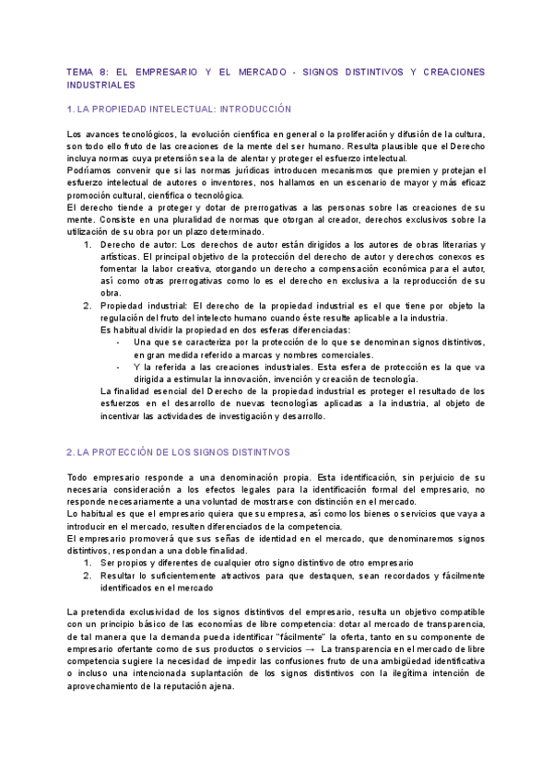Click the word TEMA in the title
(81, 71)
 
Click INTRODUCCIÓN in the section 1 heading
(250, 109)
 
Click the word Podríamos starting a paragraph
(90, 170)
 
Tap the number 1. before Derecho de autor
(87, 244)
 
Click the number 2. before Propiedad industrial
(87, 305)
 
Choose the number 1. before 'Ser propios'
(87, 562)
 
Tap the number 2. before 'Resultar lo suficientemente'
(87, 575)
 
